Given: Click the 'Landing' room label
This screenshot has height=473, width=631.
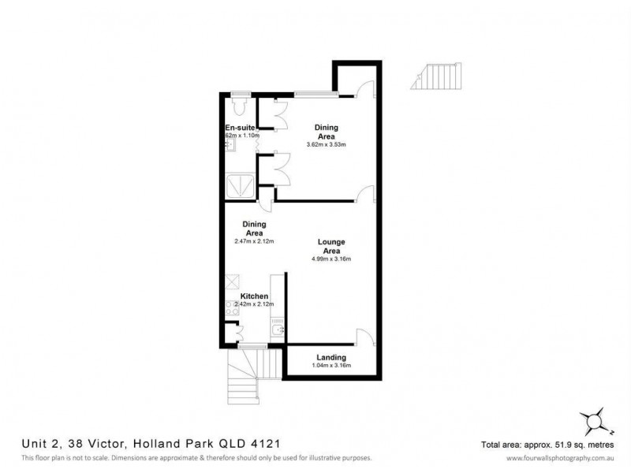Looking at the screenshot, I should (x=330, y=357).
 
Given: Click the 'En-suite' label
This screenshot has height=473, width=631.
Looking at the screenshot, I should (x=239, y=128).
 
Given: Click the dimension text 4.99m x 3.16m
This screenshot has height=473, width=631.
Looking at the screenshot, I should (x=330, y=259).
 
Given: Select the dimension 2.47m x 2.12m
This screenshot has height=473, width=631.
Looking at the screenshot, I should (x=254, y=241).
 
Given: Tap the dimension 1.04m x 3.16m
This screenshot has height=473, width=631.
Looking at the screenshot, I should (x=330, y=367).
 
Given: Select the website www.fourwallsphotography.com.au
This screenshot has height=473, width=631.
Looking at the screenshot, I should (x=561, y=458).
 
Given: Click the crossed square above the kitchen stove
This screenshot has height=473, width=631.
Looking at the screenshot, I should (x=233, y=281).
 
